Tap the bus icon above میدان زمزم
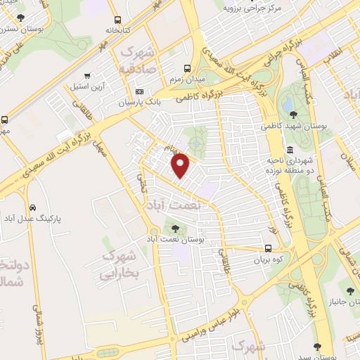click(x=187, y=68)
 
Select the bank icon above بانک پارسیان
click(x=139, y=92)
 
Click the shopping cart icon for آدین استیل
click(x=86, y=76)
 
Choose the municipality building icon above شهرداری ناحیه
click(x=290, y=149)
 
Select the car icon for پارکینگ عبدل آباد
click(x=32, y=208)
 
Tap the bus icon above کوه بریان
click(x=268, y=247)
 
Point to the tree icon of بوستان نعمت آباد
click(x=175, y=228)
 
